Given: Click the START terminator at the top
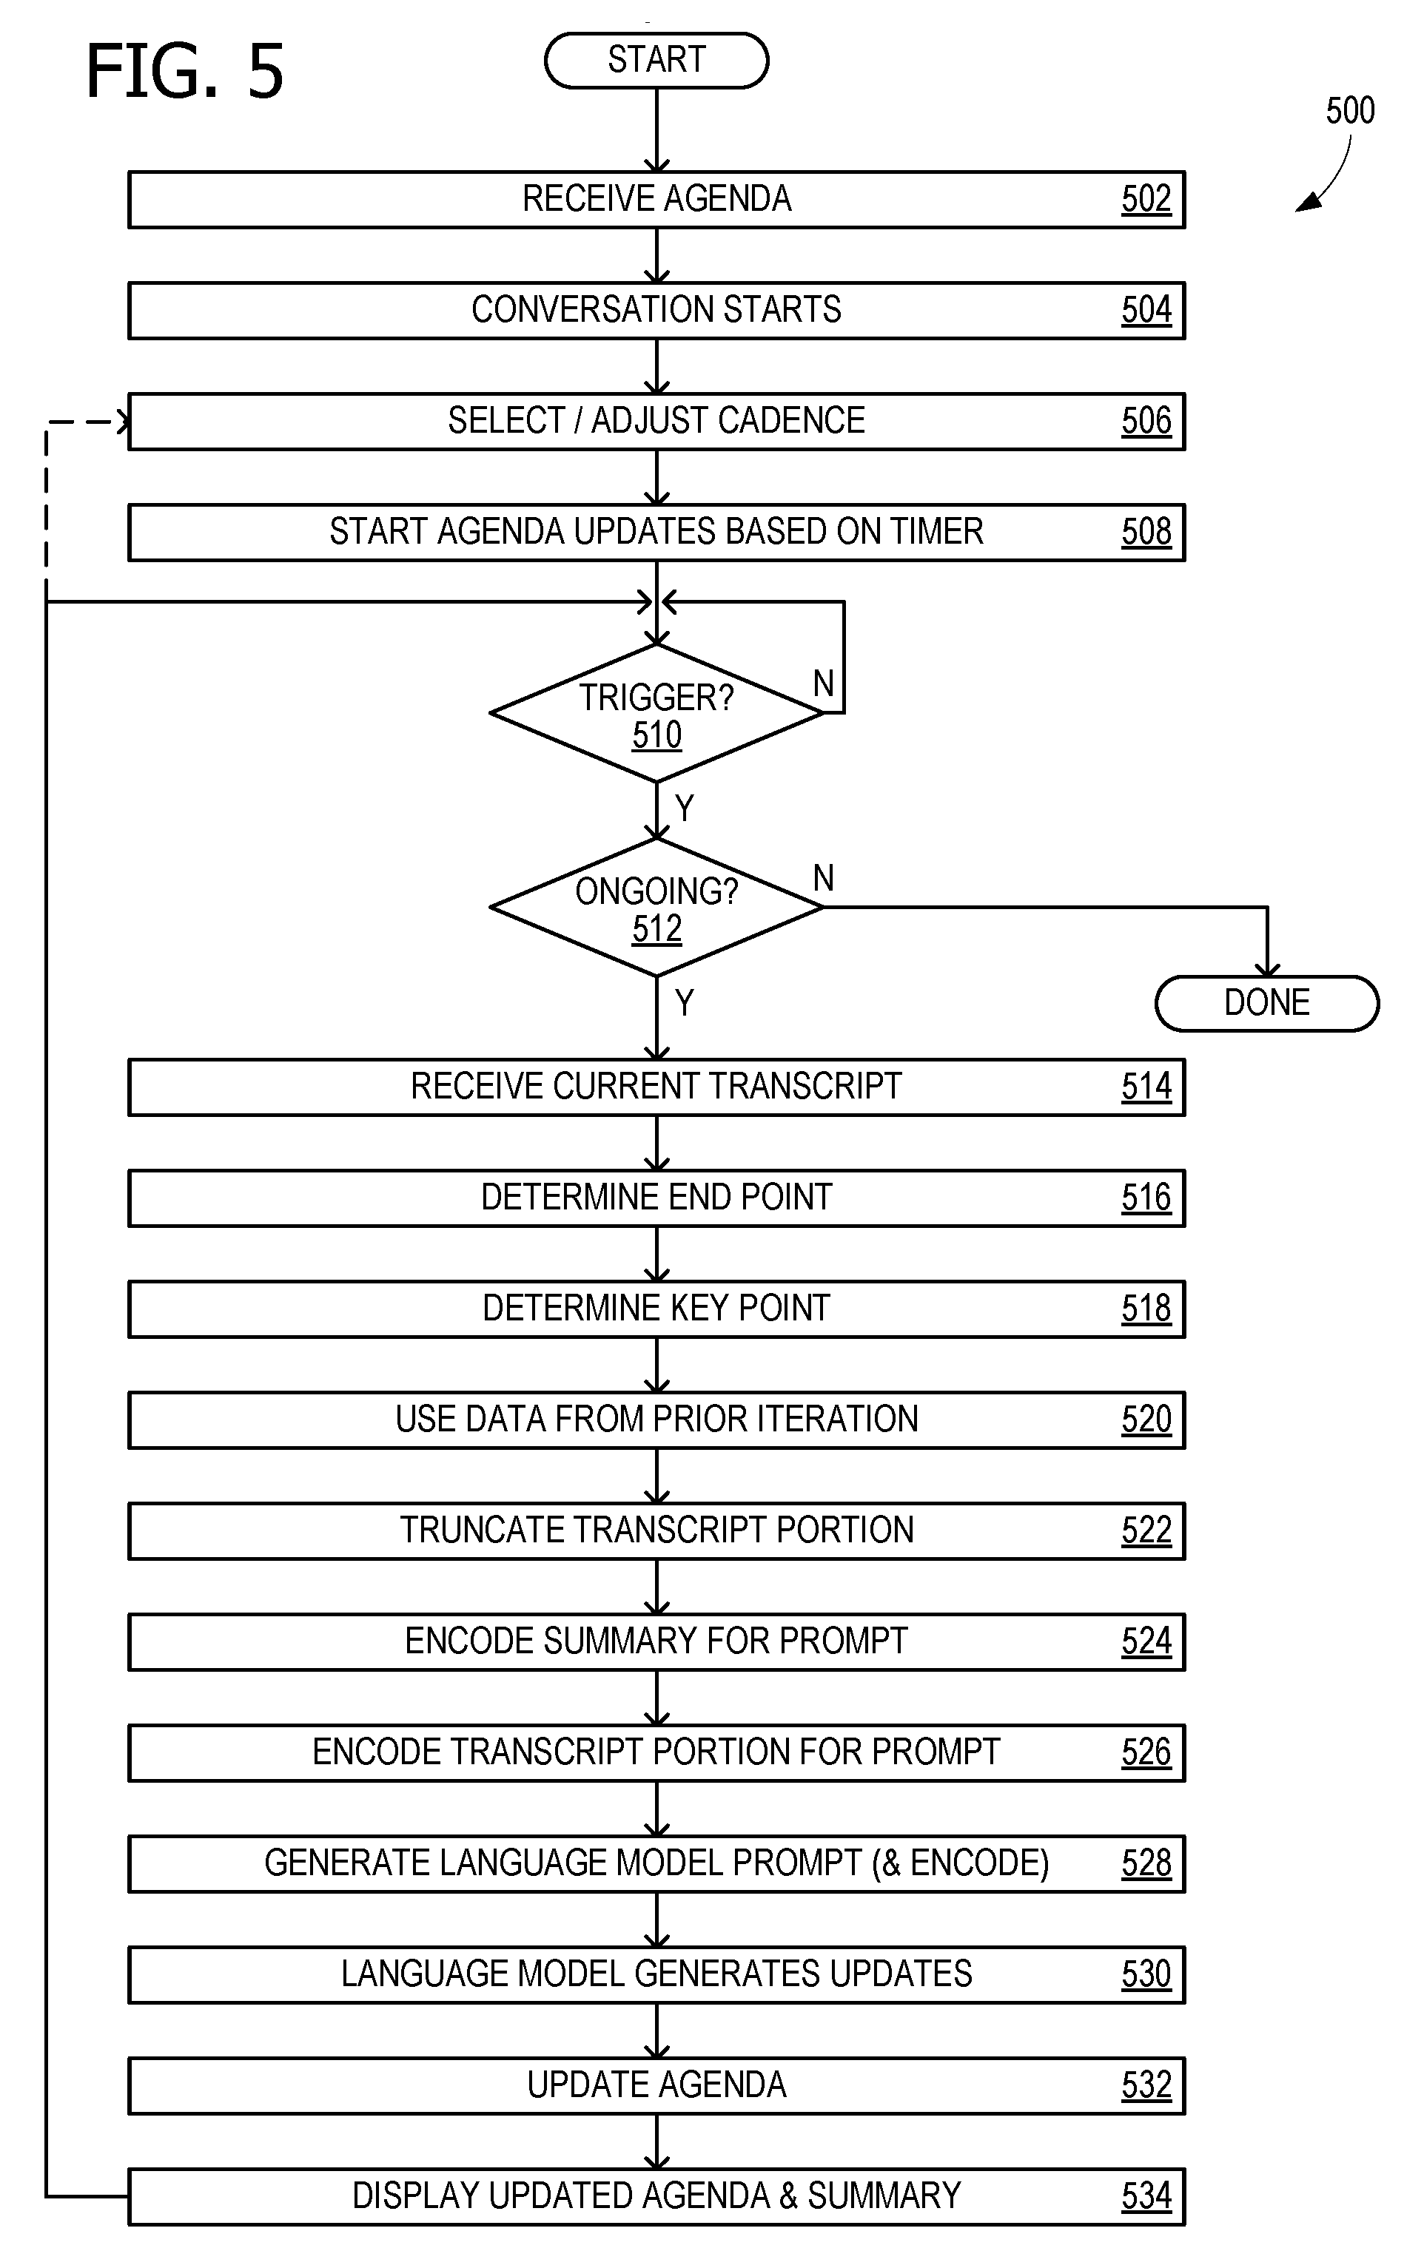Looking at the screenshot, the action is (x=656, y=61).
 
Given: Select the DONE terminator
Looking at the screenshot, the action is (x=1267, y=1004).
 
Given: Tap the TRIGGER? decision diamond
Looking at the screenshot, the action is (x=656, y=713).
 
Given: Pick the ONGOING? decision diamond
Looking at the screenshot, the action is (x=656, y=908).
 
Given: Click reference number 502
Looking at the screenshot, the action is (x=1146, y=199).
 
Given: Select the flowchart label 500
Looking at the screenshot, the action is (x=1350, y=110).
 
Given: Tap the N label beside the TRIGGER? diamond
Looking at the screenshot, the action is (x=824, y=683).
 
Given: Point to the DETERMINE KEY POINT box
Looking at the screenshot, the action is (x=656, y=1309).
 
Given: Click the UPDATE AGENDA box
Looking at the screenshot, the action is (x=656, y=2085).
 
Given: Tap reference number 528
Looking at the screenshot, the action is (x=1146, y=1863).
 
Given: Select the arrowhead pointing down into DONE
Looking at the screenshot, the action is (x=1267, y=969).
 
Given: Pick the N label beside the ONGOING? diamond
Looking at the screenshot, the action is (x=824, y=877).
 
